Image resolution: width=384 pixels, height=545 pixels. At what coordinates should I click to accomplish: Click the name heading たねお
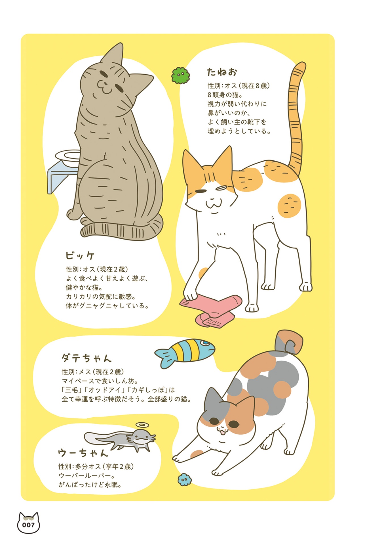pyautogui.click(x=222, y=72)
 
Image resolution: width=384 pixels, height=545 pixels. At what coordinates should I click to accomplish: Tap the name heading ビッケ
pyautogui.click(x=80, y=255)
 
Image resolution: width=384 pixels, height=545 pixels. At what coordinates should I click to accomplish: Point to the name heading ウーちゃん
pyautogui.click(x=83, y=453)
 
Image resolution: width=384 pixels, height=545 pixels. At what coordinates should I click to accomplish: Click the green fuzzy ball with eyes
pyautogui.click(x=181, y=76)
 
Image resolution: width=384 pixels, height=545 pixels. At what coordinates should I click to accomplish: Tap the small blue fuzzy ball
pyautogui.click(x=184, y=479)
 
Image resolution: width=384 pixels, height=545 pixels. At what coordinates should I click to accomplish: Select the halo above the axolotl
pyautogui.click(x=142, y=425)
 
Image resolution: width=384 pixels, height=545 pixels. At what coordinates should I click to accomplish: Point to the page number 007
pyautogui.click(x=28, y=525)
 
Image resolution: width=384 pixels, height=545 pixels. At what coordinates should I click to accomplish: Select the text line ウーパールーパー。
pyautogui.click(x=87, y=475)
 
